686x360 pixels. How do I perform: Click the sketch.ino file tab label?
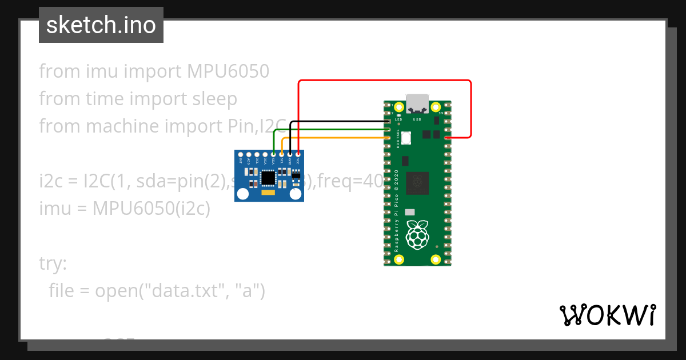[x=101, y=25]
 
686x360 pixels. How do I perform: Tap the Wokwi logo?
[x=607, y=315]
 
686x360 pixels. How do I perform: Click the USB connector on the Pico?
[x=417, y=102]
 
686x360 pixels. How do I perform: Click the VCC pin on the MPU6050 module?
[x=298, y=154]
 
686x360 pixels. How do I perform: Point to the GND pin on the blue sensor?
[x=290, y=154]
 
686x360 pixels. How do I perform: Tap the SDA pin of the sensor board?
[x=274, y=154]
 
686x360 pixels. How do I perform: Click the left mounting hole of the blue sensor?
[x=243, y=194]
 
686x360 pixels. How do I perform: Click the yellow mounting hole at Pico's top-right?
[x=436, y=106]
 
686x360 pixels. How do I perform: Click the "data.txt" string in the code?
[x=186, y=291]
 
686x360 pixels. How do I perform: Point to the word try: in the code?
[x=53, y=263]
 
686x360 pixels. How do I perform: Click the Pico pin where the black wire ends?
[x=389, y=122]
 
